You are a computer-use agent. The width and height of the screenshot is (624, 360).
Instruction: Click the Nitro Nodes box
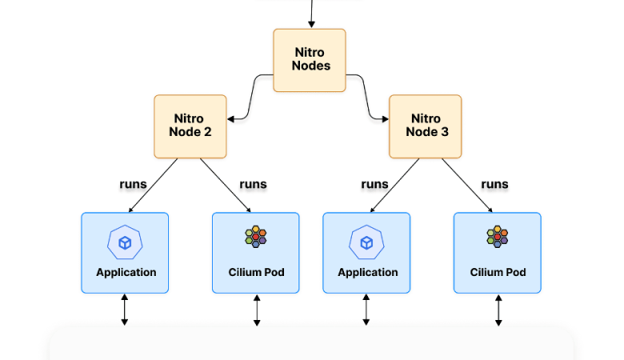[310, 60]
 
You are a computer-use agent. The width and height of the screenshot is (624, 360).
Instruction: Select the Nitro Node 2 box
[190, 126]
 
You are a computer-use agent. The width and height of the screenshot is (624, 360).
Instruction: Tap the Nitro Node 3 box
[425, 126]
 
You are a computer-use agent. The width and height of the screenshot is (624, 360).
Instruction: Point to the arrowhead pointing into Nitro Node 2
[230, 119]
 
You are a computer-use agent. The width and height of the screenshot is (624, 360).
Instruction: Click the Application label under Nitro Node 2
[126, 272]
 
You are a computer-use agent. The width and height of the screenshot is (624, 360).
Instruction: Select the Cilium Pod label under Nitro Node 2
[256, 272]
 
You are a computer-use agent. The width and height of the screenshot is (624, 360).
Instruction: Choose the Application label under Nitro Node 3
[367, 272]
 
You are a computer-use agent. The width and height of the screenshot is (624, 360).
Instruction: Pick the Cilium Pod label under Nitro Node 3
[498, 272]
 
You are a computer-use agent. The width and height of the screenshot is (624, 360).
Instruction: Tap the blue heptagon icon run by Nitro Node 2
[125, 242]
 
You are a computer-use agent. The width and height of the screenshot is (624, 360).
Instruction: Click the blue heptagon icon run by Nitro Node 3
[366, 242]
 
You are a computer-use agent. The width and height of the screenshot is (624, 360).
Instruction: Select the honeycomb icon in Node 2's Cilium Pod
[256, 237]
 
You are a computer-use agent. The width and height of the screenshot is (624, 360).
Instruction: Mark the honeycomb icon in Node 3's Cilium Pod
[498, 237]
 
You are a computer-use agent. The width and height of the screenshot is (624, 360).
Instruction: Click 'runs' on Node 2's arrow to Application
[133, 184]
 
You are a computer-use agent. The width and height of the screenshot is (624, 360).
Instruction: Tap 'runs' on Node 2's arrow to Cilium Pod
[253, 184]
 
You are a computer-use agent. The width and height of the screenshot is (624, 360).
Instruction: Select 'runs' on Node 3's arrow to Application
[374, 184]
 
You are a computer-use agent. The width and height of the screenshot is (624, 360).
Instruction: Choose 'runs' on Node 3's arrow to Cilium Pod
[494, 184]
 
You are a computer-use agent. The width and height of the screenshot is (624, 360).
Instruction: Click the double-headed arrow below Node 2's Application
[125, 310]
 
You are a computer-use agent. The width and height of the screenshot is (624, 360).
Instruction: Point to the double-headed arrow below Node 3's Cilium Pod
[498, 310]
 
